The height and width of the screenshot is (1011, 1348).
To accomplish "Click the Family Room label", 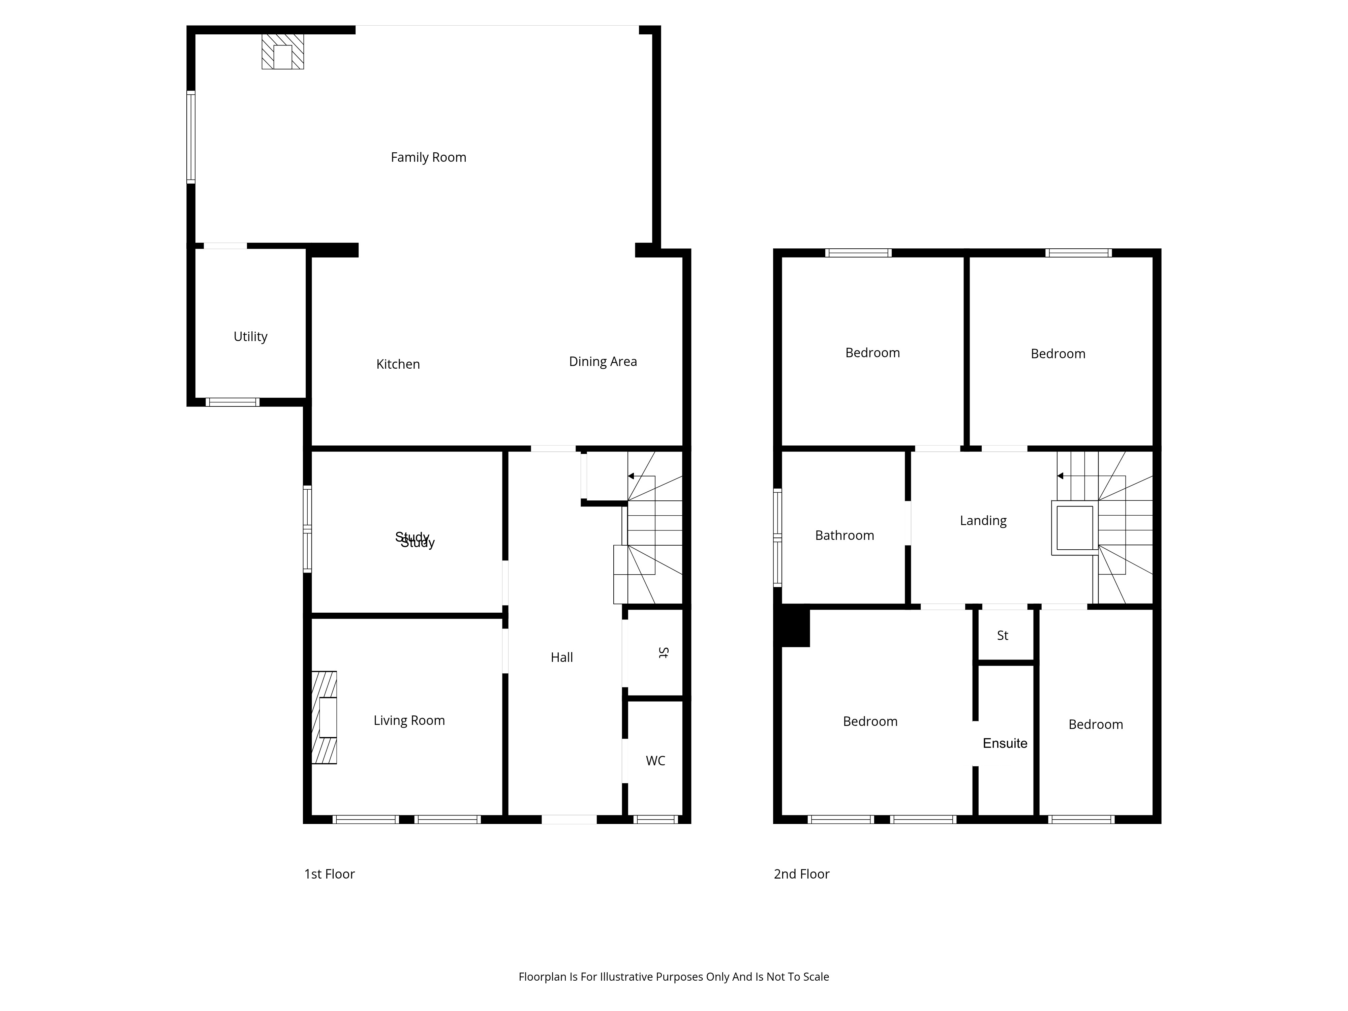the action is click(x=428, y=157).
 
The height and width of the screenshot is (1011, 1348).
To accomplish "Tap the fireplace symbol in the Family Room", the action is click(x=283, y=51).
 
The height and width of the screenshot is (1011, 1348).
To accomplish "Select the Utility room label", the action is click(x=250, y=336).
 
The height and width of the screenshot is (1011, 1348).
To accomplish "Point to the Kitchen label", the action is click(x=398, y=364).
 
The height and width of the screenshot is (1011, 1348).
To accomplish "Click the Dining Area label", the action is click(x=603, y=361).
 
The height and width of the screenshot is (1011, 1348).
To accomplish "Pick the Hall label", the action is click(x=562, y=657).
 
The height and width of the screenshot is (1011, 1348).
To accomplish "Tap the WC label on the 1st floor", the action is click(x=655, y=761).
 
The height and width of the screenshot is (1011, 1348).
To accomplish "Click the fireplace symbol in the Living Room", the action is click(x=324, y=717).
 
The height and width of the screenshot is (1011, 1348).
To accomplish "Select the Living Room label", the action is click(x=409, y=720).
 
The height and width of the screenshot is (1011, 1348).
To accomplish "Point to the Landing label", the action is click(x=983, y=520).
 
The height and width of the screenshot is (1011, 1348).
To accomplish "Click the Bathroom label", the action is click(x=845, y=535).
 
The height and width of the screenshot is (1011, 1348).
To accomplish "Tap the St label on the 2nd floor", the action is click(x=1003, y=636).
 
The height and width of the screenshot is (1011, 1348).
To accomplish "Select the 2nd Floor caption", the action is click(x=801, y=874).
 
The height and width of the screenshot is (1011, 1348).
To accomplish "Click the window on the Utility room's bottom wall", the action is click(x=232, y=402).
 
